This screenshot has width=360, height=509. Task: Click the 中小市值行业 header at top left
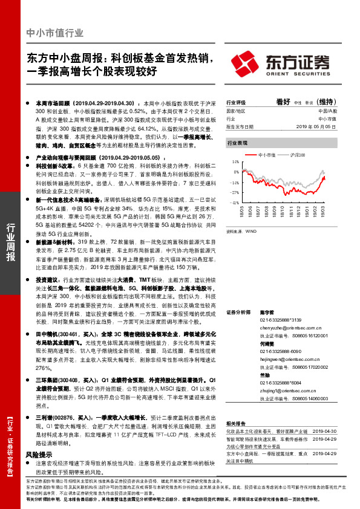[56, 33]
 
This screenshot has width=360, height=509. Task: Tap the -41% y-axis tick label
[234, 203]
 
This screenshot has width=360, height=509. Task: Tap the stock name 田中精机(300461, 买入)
[65, 333]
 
